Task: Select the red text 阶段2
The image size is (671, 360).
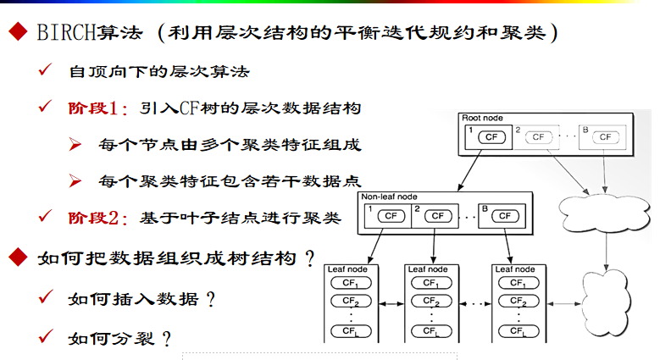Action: pyautogui.click(x=97, y=218)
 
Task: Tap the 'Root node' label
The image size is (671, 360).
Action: pyautogui.click(x=482, y=118)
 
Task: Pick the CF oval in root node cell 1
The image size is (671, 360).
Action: pyautogui.click(x=490, y=136)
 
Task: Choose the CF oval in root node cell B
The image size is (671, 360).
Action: pyautogui.click(x=604, y=136)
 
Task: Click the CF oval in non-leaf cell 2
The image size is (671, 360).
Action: pyautogui.click(x=437, y=216)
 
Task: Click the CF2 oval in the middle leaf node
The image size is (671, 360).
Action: pyautogui.click(x=433, y=301)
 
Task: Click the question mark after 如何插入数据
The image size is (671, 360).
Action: pyautogui.click(x=209, y=299)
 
